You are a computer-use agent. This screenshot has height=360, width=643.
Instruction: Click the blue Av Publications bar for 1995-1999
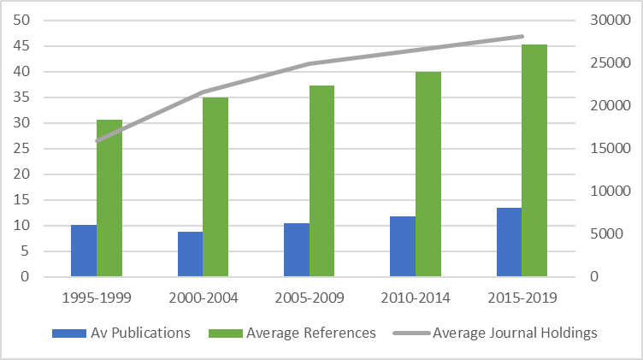click(x=84, y=251)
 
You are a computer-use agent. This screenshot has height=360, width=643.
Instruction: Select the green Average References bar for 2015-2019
click(x=534, y=161)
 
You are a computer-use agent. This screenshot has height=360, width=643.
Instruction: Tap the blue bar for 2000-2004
click(x=190, y=254)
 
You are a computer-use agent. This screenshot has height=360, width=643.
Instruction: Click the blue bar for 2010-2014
click(x=403, y=246)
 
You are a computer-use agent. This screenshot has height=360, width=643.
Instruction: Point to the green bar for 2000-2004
click(x=215, y=187)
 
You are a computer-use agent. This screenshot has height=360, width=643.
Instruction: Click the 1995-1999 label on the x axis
click(x=97, y=298)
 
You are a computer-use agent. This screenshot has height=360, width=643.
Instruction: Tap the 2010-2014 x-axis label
click(x=416, y=298)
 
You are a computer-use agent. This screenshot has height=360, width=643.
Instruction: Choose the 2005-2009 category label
click(x=310, y=298)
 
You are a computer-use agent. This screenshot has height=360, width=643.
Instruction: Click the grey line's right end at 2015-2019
click(x=522, y=36)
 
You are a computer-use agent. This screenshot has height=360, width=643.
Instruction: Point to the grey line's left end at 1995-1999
click(x=97, y=141)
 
